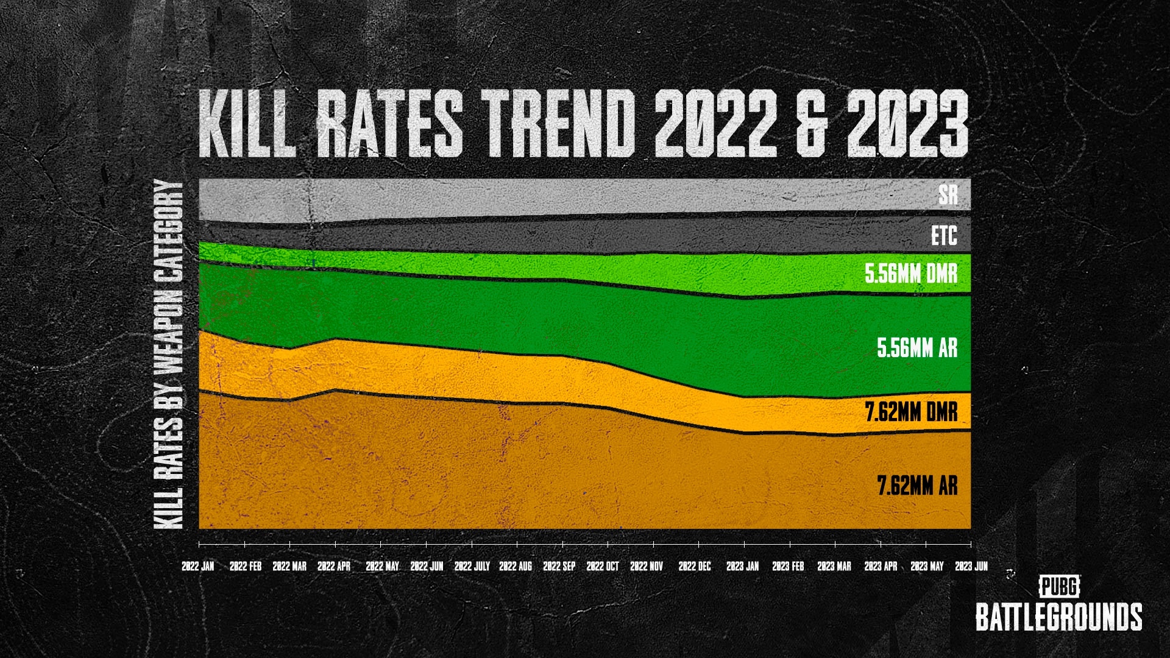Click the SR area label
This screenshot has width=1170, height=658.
948,195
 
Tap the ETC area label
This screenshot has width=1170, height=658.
944,236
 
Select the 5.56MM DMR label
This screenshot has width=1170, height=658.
911,274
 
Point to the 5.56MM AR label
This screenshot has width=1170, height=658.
917,348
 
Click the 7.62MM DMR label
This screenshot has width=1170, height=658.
912,412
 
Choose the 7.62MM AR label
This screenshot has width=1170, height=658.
917,486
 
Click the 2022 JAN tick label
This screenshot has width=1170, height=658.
198,567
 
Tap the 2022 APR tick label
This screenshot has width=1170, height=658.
334,567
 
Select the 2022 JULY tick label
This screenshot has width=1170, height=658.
472,567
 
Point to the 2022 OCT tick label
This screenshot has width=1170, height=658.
603,567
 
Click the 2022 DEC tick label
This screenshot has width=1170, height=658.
695,567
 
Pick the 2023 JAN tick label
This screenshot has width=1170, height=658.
743,567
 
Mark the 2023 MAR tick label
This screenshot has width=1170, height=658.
834,567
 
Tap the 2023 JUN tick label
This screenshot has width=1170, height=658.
971,567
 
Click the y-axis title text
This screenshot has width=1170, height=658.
169,355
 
